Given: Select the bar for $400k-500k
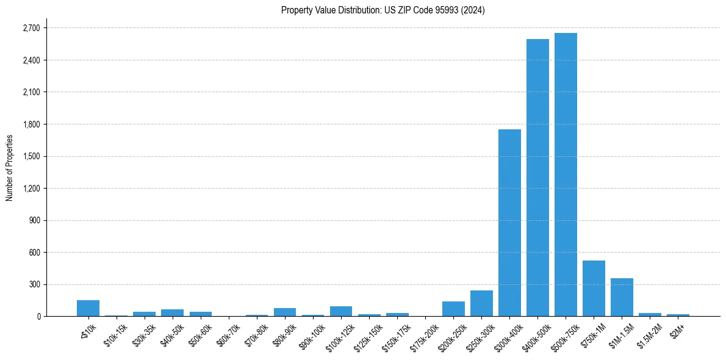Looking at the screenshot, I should click(x=537, y=178).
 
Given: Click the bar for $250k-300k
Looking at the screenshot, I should click(x=481, y=303).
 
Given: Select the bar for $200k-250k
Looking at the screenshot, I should click(x=453, y=309).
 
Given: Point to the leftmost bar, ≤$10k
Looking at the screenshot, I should click(x=88, y=308).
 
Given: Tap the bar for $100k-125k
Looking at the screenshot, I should click(x=341, y=311).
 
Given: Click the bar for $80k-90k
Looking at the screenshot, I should click(x=285, y=312).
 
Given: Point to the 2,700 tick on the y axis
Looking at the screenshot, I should click(x=31, y=28).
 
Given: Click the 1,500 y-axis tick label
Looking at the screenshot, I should click(x=31, y=156).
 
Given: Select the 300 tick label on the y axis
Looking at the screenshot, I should click(x=34, y=284).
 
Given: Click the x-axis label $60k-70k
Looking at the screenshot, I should click(x=229, y=334).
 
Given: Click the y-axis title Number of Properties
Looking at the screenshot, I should click(x=10, y=168).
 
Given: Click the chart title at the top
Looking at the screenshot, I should click(x=383, y=10).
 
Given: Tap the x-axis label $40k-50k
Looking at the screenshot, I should click(x=173, y=334).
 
